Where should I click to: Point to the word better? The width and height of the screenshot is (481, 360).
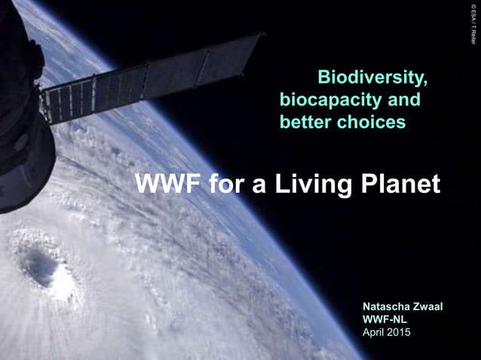305,121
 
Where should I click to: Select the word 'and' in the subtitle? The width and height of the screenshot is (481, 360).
405,99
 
